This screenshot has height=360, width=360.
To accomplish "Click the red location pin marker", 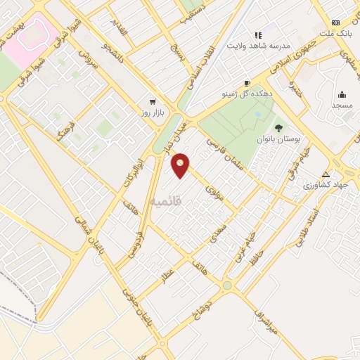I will [181, 165].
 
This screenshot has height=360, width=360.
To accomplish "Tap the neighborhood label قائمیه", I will [166, 201].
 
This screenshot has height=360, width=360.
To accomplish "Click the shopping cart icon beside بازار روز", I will [153, 101].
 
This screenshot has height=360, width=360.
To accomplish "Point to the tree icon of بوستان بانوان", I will [278, 128].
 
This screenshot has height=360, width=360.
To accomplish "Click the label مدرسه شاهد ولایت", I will [258, 46].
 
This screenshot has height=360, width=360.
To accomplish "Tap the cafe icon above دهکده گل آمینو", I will [246, 82].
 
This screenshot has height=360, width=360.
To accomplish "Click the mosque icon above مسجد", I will [342, 94].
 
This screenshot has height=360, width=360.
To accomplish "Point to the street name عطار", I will [167, 274].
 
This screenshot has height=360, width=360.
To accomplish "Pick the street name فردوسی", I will [134, 243].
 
